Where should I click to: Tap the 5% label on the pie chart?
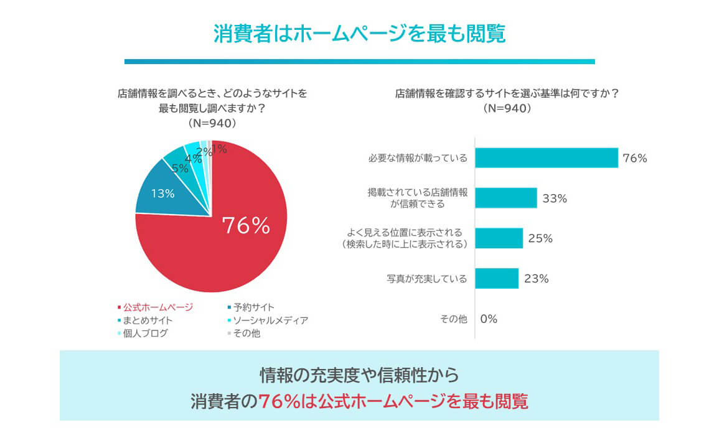[180, 168]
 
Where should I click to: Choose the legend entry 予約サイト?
[254, 307]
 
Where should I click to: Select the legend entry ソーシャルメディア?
[271, 320]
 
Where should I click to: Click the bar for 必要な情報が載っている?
[546, 158]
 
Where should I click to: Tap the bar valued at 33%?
[505, 198]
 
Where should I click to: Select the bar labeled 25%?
[499, 238]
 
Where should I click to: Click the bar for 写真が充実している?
[497, 278]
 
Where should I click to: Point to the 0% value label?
[489, 319]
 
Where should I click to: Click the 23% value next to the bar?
[537, 279]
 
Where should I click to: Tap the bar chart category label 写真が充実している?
[426, 279]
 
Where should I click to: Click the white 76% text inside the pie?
[246, 226]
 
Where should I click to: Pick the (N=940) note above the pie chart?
[212, 123]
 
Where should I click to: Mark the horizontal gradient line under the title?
[360, 62]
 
